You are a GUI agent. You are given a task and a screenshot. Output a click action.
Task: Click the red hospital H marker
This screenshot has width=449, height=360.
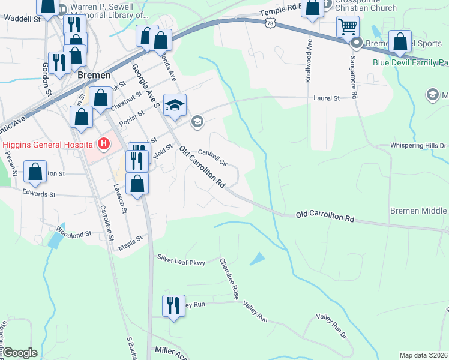[x=104, y=144]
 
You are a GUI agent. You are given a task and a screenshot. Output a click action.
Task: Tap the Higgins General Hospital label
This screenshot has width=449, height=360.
[x=49, y=144]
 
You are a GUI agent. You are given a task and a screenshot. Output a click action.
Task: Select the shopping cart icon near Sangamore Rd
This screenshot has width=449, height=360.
[x=348, y=27]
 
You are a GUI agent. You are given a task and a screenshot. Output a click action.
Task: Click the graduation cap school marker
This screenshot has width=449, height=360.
[x=175, y=106]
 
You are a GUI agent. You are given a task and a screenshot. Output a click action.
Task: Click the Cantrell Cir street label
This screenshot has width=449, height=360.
[x=213, y=158]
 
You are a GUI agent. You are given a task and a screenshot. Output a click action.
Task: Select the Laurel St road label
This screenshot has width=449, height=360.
[x=327, y=98]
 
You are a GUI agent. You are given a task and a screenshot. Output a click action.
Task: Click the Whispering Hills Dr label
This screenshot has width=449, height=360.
[x=418, y=145]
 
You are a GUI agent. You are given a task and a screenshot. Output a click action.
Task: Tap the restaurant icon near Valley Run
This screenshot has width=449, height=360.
[x=172, y=305]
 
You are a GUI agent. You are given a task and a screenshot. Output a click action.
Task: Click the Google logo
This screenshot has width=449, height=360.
[x=19, y=353]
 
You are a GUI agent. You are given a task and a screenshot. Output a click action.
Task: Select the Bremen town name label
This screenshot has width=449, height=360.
[x=94, y=75]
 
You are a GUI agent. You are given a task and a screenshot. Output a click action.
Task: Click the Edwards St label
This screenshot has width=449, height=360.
[x=38, y=194]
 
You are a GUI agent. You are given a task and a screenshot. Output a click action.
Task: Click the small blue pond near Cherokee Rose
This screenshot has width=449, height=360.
[x=257, y=259]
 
